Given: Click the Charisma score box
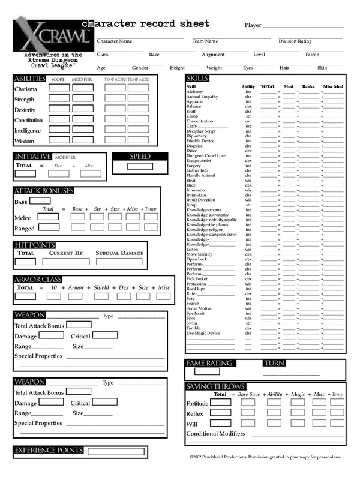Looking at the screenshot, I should pos(59,89).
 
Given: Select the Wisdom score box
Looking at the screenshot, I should pos(59,140).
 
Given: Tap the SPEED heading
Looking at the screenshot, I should pos(140,157).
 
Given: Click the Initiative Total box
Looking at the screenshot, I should pos(25,174).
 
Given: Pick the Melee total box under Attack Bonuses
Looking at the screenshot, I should pos(49,217).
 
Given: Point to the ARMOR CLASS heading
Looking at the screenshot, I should pos(38,280).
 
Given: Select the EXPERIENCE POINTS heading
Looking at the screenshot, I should pos(49,451).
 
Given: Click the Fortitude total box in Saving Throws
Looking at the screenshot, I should pos(220,403).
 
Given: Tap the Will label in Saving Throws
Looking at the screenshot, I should pos(191,424).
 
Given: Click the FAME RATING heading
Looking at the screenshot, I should pos(209,364).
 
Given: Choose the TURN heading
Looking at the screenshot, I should pos(274,364).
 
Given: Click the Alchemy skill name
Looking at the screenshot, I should pos(195,92).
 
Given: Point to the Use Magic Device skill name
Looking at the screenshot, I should pos(203,333).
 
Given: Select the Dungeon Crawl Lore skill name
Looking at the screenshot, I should pos(206,156).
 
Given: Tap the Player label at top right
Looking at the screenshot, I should pos(253,25).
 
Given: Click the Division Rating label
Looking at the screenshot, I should pos(295,41).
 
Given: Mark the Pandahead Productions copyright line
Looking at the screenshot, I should pos(265,457).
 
